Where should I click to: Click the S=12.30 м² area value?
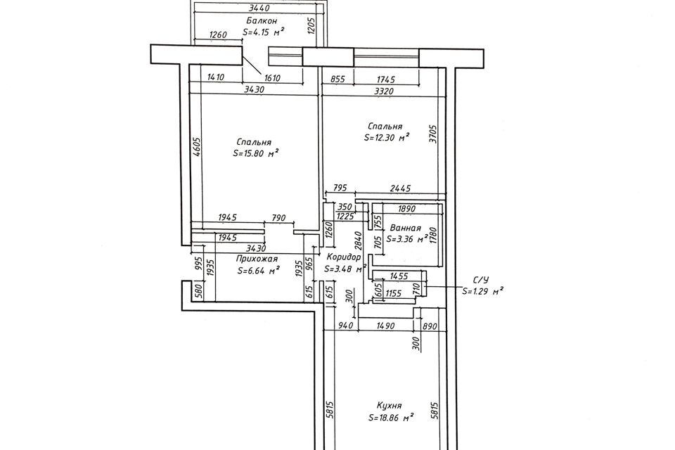[387, 138]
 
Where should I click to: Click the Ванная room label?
[404, 229]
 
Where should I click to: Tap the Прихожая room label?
[255, 258]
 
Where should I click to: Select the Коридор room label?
[344, 257]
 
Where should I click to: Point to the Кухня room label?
[389, 406]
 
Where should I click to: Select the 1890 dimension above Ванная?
[407, 209]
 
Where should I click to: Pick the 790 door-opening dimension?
[279, 219]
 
